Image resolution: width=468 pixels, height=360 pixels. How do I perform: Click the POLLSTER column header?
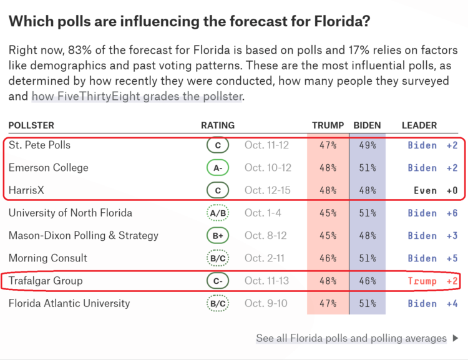click(31, 125)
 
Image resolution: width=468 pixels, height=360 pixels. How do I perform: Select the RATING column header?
click(218, 125)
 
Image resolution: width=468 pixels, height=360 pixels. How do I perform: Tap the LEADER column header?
click(419, 125)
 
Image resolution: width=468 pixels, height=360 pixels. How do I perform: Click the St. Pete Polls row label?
click(39, 145)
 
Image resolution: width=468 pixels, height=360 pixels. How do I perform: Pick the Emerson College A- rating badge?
click(218, 168)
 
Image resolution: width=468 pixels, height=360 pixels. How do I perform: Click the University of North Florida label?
click(70, 213)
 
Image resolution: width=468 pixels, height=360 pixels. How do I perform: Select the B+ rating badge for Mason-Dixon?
click(218, 236)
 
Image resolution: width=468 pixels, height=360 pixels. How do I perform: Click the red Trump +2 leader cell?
click(432, 281)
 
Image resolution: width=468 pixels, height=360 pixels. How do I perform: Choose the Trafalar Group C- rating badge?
click(218, 281)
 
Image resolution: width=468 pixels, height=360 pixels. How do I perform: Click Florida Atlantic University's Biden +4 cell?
click(432, 304)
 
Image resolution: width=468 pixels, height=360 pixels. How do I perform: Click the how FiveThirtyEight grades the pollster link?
click(137, 96)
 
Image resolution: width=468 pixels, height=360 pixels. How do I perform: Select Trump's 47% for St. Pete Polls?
click(328, 145)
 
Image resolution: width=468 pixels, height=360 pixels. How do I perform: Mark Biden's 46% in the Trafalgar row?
click(367, 281)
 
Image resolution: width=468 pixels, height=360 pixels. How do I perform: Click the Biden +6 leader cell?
click(432, 213)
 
